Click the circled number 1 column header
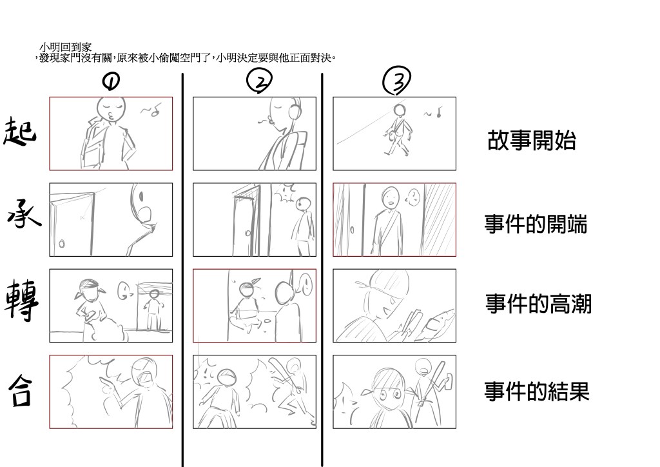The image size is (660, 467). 111,81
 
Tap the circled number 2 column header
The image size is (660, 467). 259,81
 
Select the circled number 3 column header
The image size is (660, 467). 396,81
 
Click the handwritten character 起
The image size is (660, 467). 19,131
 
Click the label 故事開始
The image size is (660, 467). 532,140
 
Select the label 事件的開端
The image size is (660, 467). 536,224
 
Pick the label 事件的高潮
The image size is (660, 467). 538,304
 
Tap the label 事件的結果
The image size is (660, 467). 537,391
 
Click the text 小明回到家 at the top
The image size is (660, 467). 65,47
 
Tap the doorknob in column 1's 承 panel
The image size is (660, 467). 62,243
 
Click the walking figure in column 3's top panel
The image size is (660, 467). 396,130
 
